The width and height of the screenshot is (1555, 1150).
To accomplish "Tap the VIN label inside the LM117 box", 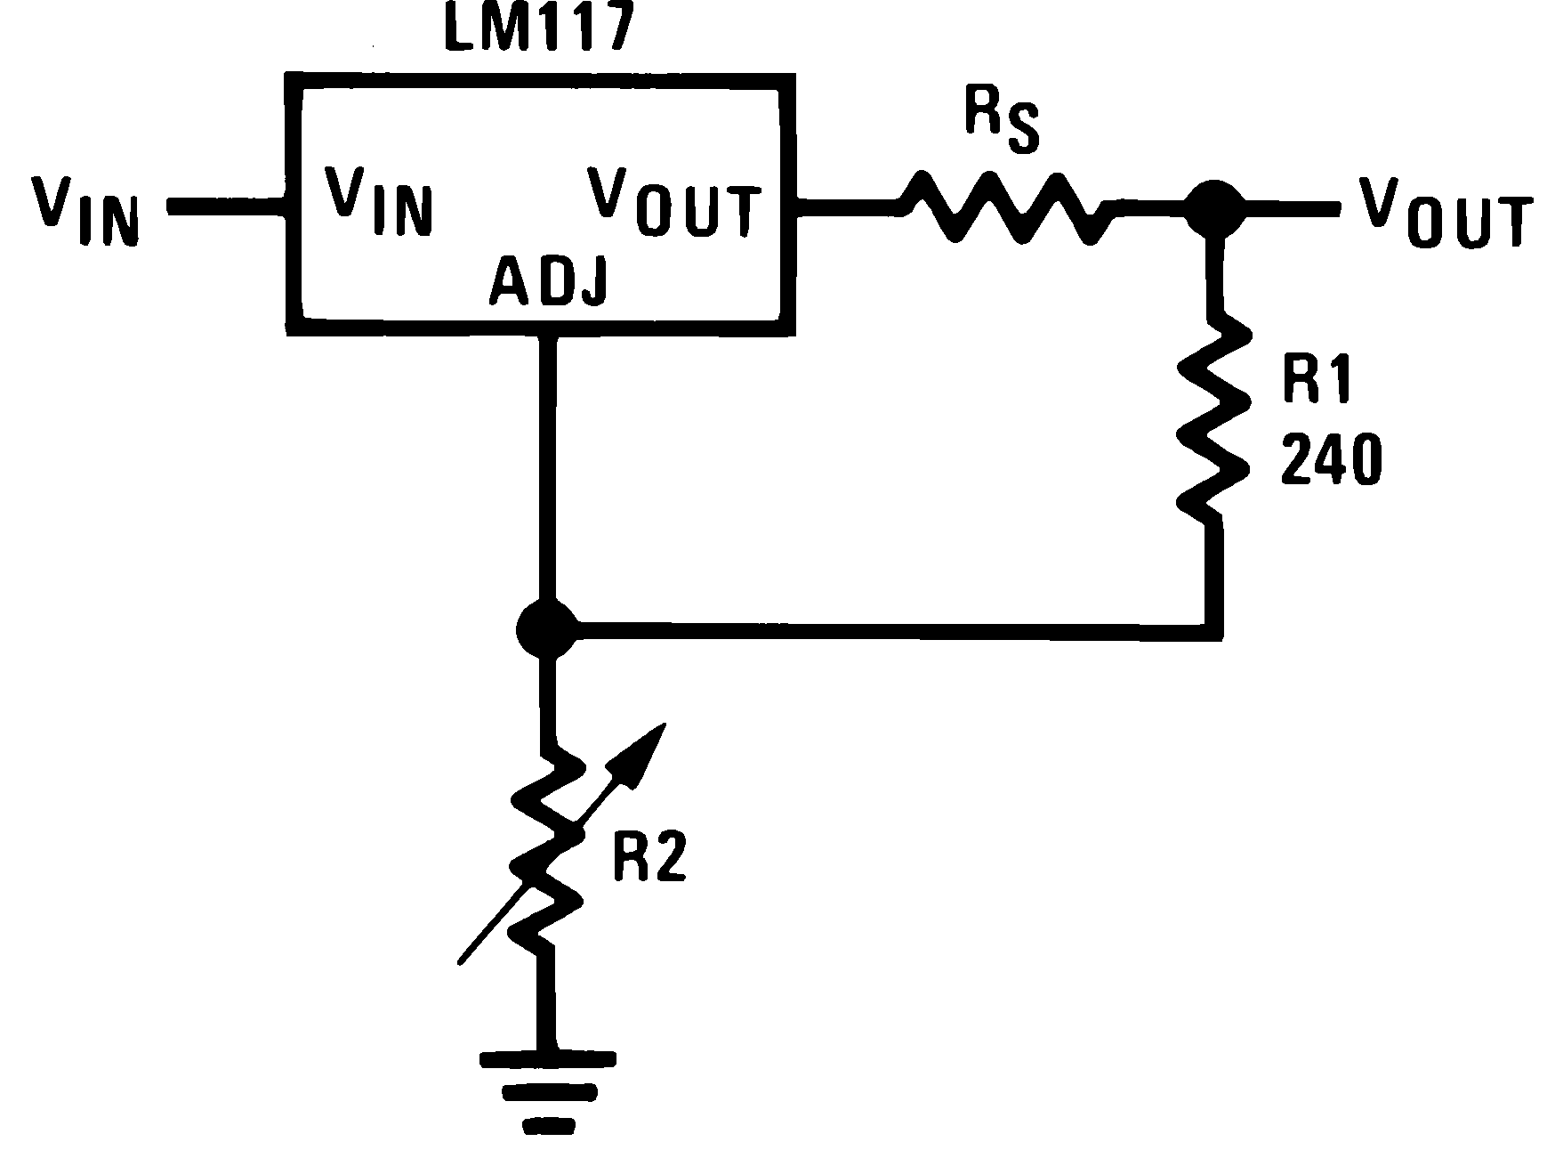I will pyautogui.click(x=378, y=200).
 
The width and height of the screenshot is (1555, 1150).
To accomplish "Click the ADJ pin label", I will pyautogui.click(x=549, y=284).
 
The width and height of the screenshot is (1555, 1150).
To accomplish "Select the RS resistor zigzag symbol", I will pyautogui.click(x=1003, y=208).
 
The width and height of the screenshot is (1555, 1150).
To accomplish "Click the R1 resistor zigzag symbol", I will pyautogui.click(x=1214, y=418).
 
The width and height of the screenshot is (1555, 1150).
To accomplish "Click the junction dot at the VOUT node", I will pyautogui.click(x=1214, y=208).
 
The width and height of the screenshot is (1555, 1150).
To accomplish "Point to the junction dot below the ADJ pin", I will pyautogui.click(x=546, y=629).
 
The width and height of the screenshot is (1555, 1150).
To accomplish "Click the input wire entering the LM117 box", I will pyautogui.click(x=226, y=207).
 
